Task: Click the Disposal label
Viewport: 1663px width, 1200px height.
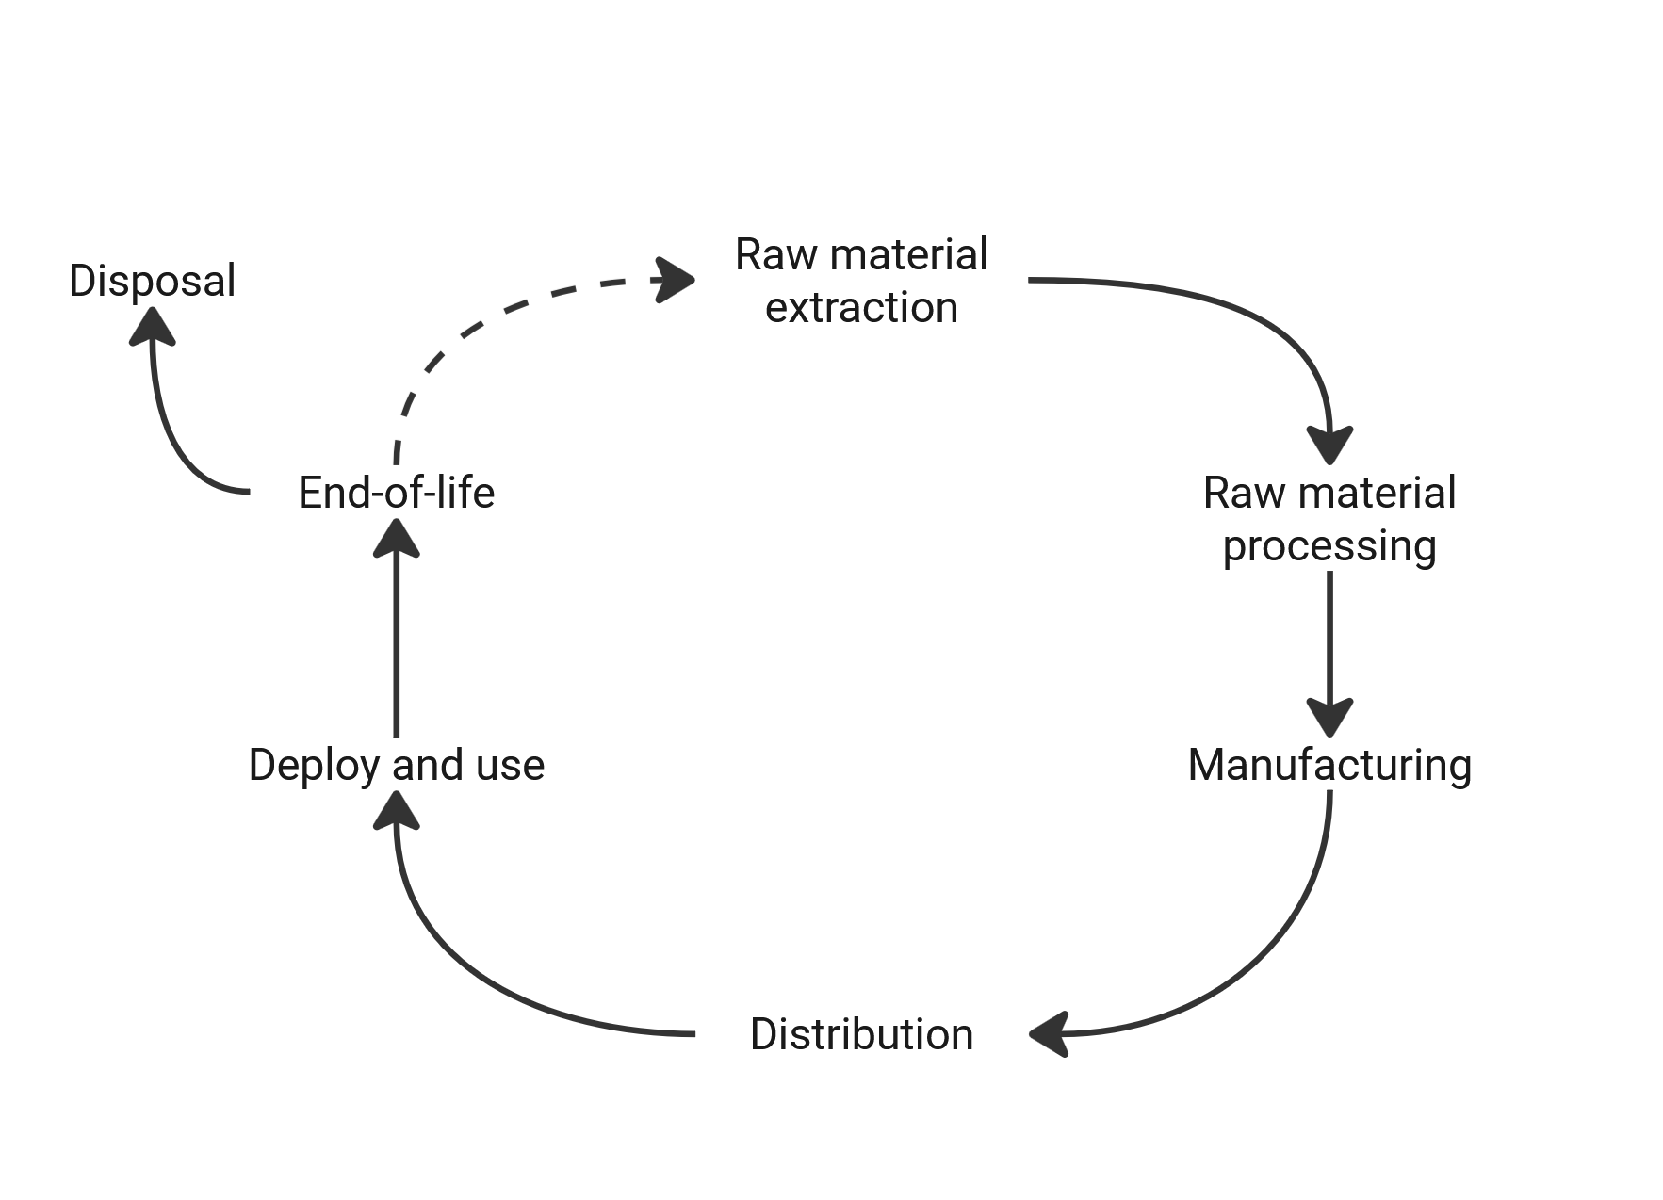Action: [152, 281]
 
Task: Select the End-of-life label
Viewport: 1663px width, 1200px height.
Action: [396, 493]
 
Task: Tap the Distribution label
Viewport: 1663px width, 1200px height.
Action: [861, 1034]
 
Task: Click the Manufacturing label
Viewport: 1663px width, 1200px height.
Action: [1329, 765]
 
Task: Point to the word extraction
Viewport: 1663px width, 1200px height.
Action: [861, 308]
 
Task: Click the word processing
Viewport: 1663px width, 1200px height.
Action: [1329, 546]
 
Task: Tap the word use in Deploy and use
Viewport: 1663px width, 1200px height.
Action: [510, 765]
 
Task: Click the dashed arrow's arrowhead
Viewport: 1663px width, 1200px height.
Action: [675, 280]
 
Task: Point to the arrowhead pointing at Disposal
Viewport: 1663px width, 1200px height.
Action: [153, 327]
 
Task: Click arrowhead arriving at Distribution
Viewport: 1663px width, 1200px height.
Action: [1050, 1034]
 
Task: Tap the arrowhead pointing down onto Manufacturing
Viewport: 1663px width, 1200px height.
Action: [1329, 716]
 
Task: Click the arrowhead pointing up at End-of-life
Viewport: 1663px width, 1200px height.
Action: [396, 539]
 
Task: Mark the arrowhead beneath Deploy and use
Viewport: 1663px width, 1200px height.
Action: [396, 811]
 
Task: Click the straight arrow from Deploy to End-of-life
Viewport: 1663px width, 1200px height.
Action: [396, 650]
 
